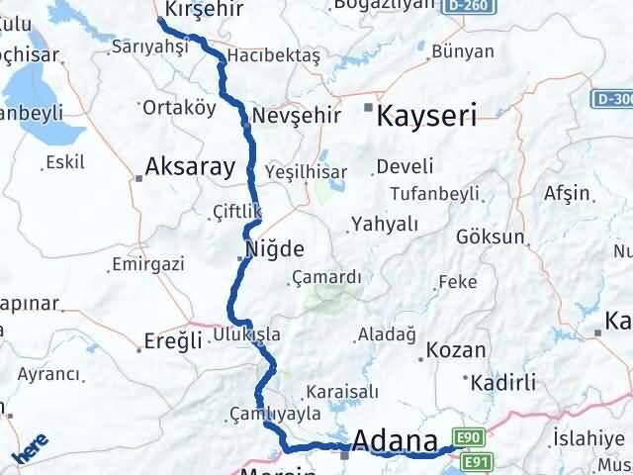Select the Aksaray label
[x=189, y=166]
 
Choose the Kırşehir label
[x=204, y=8]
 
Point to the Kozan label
[x=456, y=350]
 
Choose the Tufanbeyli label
[x=434, y=193]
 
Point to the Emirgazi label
[x=148, y=264]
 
